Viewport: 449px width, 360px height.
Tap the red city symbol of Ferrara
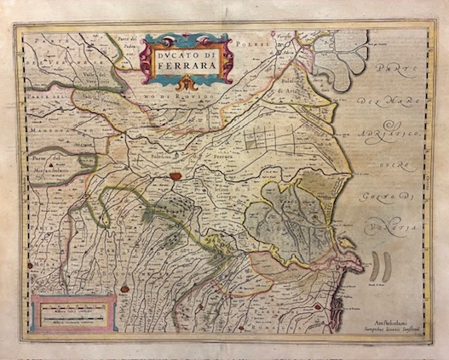click(175, 176)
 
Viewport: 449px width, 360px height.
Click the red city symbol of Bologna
click(124, 289)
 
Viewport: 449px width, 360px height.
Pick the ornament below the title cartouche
click(187, 82)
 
